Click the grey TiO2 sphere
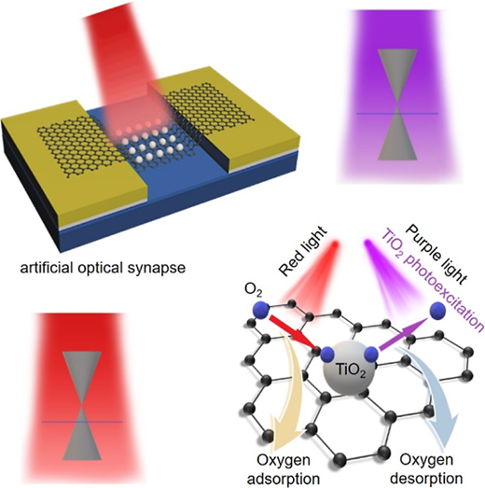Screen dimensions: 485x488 [x=346, y=369]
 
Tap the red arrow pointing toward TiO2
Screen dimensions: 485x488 [x=293, y=332]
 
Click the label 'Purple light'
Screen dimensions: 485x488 [x=436, y=255]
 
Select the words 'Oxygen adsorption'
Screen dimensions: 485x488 [x=284, y=469]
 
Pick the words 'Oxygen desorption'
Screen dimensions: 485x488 [x=426, y=469]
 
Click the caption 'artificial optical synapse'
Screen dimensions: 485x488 [x=103, y=268]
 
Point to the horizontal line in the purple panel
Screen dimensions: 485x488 [x=397, y=114]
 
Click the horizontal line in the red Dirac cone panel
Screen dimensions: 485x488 [x=82, y=422]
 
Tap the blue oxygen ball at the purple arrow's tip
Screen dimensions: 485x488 [x=437, y=311]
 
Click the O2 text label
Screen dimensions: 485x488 [x=254, y=291]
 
